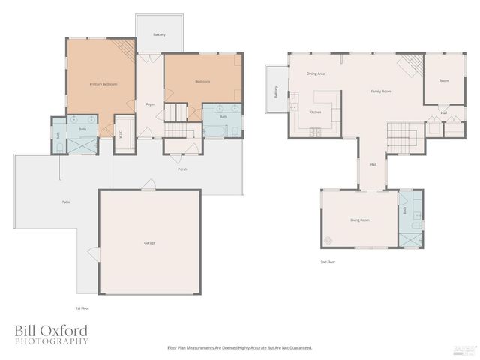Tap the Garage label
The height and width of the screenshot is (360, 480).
click(x=150, y=243)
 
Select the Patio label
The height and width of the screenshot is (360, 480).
click(x=66, y=202)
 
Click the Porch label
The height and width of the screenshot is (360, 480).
click(x=182, y=169)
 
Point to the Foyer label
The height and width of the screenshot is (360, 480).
click(x=150, y=104)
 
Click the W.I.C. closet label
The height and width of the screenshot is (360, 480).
click(x=121, y=136)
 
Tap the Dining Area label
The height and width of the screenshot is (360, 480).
click(x=316, y=74)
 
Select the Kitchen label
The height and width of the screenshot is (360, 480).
click(x=316, y=112)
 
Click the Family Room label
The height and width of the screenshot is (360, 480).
click(x=381, y=91)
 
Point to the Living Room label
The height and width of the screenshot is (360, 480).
click(x=360, y=220)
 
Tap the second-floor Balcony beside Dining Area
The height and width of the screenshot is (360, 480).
click(x=276, y=92)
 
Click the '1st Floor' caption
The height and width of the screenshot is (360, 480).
click(x=82, y=308)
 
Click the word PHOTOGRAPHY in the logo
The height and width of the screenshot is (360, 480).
click(x=51, y=341)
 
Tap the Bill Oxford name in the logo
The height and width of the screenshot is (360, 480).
click(x=51, y=330)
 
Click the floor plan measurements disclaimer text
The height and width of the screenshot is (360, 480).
click(x=238, y=348)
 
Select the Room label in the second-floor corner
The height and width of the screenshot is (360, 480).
click(x=444, y=80)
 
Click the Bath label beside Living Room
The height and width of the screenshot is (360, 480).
click(x=404, y=211)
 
